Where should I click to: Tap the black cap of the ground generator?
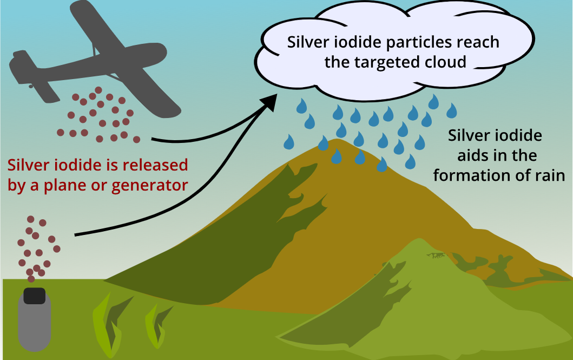pyautogui.click(x=34, y=295)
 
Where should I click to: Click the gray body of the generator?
pyautogui.click(x=34, y=325)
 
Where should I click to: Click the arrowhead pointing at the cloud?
pyautogui.click(x=269, y=103)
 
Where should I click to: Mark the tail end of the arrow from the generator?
pyautogui.click(x=76, y=234)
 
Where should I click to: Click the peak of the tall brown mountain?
pyautogui.click(x=338, y=141)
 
